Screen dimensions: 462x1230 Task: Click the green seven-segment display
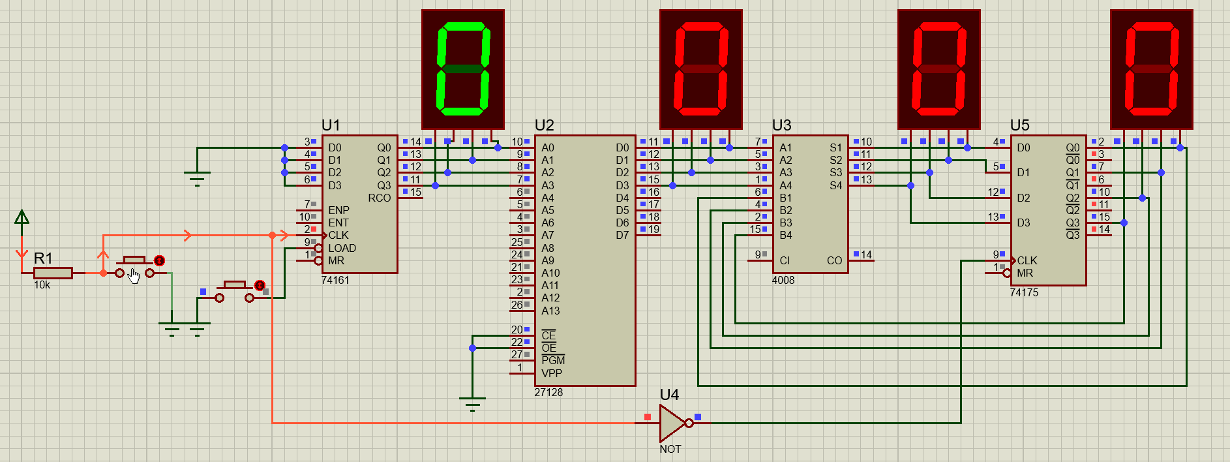463,69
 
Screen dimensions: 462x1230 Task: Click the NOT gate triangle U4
672,423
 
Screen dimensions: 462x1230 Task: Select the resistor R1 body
53,273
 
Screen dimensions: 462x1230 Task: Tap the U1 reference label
331,125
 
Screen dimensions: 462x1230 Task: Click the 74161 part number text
335,280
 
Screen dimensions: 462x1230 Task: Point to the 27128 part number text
548,392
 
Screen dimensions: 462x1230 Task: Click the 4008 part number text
783,280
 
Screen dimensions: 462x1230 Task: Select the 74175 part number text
1024,292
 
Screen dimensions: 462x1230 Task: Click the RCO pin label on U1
380,198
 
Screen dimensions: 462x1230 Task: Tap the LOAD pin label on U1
342,248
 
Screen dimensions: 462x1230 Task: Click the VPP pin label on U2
552,373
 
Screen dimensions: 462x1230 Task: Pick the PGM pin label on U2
553,360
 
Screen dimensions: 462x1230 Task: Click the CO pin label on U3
835,260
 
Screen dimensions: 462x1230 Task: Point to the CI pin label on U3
785,260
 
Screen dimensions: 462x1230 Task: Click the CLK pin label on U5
1027,260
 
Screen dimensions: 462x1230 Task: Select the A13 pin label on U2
550,311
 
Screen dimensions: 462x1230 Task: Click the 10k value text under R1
42,285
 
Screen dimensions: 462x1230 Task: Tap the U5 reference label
1019,125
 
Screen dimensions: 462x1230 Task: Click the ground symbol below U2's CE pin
472,403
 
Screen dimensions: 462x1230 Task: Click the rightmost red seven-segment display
1152,69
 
